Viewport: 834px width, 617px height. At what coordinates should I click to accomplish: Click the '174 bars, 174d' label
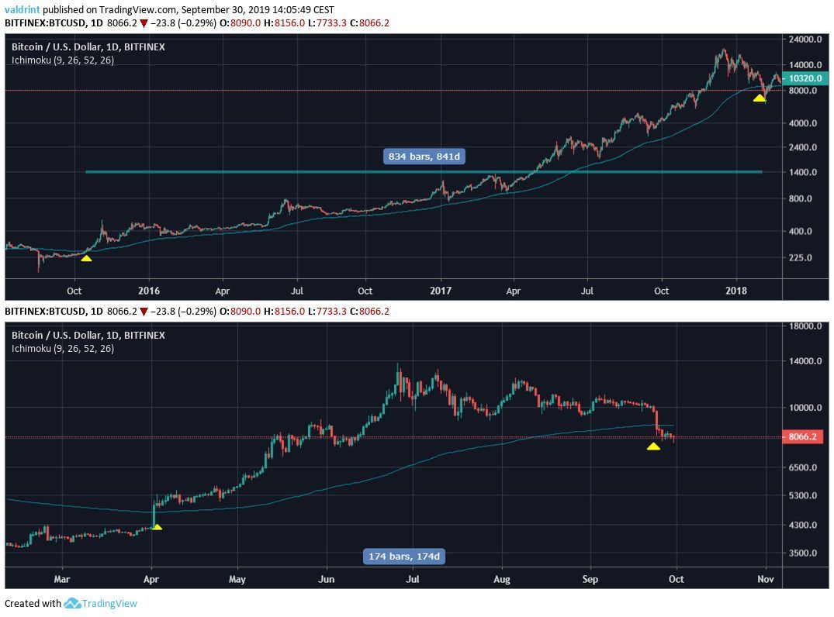[406, 556]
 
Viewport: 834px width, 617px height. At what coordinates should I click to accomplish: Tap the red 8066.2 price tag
[803, 437]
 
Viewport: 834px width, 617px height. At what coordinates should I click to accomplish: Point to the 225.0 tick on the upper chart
[799, 257]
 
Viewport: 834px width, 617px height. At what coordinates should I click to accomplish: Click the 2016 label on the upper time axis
[148, 291]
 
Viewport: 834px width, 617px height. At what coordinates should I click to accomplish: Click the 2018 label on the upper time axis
[735, 291]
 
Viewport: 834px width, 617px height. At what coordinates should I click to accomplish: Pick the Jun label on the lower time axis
[327, 579]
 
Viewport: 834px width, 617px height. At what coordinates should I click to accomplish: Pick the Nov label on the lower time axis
[766, 579]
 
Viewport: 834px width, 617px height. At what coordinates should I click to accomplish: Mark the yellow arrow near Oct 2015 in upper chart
[86, 257]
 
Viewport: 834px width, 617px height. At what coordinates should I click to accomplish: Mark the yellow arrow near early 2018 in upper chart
[760, 98]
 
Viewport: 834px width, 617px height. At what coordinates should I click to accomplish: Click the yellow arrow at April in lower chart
[157, 527]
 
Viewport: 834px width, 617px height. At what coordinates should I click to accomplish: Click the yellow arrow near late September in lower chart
[653, 446]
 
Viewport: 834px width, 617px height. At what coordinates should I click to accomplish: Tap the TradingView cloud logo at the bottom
[73, 603]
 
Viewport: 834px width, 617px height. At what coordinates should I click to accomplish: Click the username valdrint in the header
[22, 10]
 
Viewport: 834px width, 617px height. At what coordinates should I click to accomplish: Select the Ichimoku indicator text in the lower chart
[62, 349]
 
